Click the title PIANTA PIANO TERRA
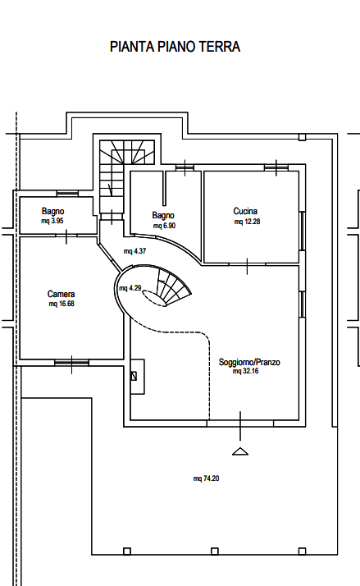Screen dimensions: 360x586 [175, 47]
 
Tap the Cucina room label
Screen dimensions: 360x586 [245, 211]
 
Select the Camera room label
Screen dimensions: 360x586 [62, 294]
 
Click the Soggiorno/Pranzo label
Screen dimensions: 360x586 [249, 362]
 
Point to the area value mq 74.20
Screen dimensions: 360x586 [206, 478]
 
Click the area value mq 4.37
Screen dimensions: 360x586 [134, 251]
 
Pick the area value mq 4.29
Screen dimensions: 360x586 [130, 288]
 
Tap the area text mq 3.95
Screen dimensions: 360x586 [52, 221]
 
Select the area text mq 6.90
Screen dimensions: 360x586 [164, 226]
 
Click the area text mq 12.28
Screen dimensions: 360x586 [247, 222]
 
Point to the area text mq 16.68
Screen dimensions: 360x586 [62, 304]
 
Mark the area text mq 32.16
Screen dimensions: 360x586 [246, 371]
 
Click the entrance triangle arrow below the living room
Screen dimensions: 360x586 [240, 451]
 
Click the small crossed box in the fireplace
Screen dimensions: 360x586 [134, 376]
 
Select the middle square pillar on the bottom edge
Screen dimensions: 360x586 [214, 552]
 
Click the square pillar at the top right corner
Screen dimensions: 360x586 [302, 137]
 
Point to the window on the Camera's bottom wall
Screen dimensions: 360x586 [71, 363]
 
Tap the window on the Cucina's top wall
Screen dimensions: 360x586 [276, 167]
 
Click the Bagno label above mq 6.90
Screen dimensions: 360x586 [163, 216]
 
